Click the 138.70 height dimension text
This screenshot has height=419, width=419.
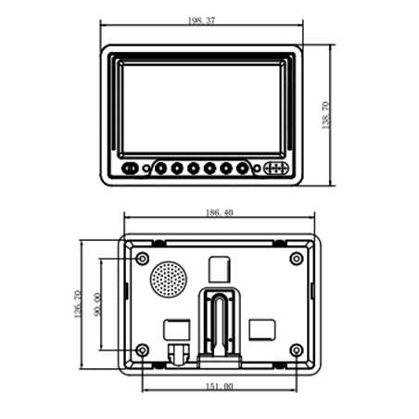coord(325,116)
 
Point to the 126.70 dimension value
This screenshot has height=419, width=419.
coord(76,304)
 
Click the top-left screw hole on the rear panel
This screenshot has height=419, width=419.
coord(142,258)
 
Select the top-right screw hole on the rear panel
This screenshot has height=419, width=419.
coord(296,258)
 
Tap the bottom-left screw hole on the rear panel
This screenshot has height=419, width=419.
coord(142,349)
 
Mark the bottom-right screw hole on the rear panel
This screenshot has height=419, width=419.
coord(296,349)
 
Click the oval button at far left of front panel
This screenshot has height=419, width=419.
coord(131,169)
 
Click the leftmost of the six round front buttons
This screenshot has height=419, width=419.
coord(160,169)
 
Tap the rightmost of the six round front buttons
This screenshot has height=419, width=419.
coord(242,169)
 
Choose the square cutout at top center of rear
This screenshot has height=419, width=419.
coord(220,268)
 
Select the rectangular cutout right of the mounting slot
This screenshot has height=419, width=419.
coord(263,328)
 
